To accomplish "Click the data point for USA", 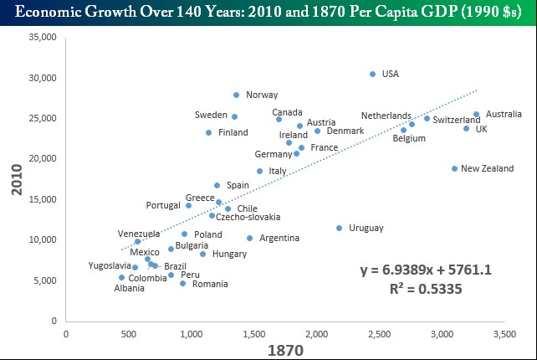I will point(372,74).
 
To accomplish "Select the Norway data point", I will point(236,95).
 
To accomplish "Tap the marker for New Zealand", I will point(455,168).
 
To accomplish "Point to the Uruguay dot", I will point(339,228).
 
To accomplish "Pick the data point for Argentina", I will point(249,238).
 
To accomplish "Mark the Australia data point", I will point(476,114).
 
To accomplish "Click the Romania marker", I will point(182,283).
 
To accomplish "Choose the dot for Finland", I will point(208,132).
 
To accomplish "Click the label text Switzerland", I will point(457,120).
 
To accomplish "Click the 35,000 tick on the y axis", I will point(42,38).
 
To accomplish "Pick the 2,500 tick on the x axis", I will point(378,333).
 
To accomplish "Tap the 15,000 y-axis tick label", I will point(42,199).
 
